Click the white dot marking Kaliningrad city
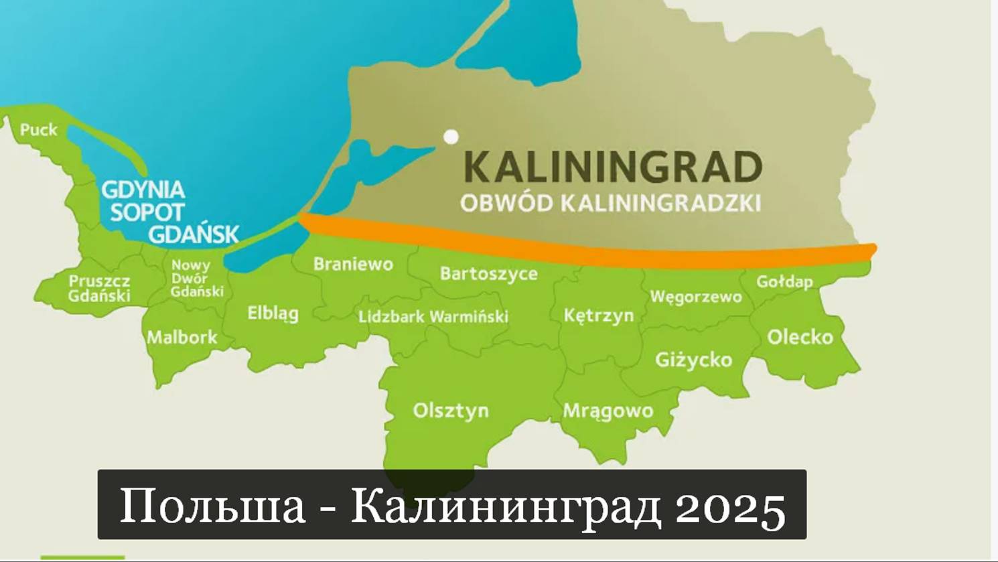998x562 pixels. pos(451,137)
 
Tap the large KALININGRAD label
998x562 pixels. pos(613,167)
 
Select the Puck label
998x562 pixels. pos(38,130)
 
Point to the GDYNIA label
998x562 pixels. pos(143,190)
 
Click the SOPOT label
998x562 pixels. pos(147,212)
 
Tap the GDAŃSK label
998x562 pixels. pos(193,234)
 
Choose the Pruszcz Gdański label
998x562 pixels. pos(99,288)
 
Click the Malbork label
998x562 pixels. pos(182,337)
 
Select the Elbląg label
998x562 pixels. pos(273,313)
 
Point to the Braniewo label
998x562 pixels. pos(353,264)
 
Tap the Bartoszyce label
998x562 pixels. pos(488,273)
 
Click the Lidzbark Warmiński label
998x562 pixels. pos(433,316)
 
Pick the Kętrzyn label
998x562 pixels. pos(598,315)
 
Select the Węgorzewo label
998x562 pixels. pos(696,297)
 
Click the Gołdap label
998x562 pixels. pos(784,281)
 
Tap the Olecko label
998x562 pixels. pos(800,336)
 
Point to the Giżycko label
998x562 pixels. pos(693,360)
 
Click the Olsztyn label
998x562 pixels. pos(450,410)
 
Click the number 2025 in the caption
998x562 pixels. pos(730,506)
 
